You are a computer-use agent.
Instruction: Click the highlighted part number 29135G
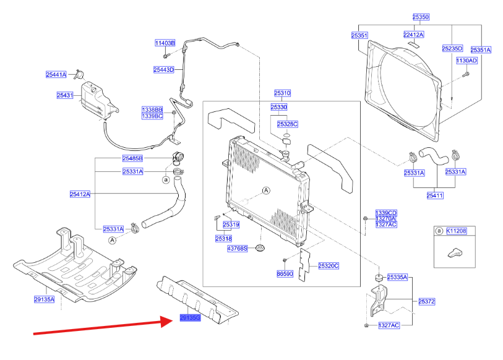tap(190, 317)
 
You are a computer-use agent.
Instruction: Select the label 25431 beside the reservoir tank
tap(65, 95)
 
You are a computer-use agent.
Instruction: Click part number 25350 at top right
tap(421, 17)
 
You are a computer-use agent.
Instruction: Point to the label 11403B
tap(165, 43)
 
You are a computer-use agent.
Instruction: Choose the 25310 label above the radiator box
tap(282, 93)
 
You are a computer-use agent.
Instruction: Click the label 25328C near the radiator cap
tap(287, 124)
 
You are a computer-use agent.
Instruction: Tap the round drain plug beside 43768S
tap(260, 249)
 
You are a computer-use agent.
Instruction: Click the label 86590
tap(285, 273)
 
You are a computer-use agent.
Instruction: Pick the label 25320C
tap(329, 265)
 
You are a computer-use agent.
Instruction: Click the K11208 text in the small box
tap(456, 231)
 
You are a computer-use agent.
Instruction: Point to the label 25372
tap(427, 301)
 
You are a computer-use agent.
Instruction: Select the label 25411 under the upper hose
tap(436, 195)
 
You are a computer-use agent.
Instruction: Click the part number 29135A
tap(44, 299)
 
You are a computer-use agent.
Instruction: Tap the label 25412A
tap(80, 194)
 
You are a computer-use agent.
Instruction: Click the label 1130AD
tap(467, 61)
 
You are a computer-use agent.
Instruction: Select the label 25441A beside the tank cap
tap(56, 74)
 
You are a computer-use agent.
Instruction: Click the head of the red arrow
tap(166, 321)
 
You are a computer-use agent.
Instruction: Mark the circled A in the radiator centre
tap(267, 191)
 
